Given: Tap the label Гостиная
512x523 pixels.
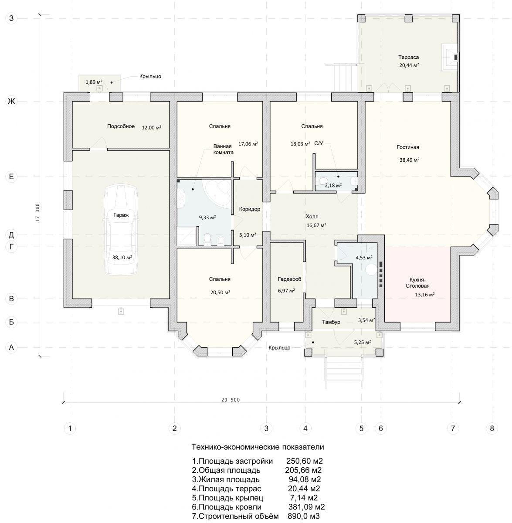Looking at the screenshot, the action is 407,147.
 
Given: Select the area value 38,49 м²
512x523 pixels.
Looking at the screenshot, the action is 409,160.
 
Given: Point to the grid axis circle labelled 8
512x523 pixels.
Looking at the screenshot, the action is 492,428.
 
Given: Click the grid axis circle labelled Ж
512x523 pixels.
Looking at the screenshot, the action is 11,101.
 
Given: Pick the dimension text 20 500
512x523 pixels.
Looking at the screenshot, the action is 231,400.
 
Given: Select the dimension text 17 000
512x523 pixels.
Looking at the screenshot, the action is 37,213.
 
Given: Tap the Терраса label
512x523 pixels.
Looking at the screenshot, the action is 408,57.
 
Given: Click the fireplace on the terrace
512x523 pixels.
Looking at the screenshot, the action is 450,57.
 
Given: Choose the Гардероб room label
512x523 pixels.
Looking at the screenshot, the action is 289,279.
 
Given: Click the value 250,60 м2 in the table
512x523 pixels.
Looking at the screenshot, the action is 304,461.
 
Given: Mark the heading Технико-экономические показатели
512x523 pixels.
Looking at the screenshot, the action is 258,447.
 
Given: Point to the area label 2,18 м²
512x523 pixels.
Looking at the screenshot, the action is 333,185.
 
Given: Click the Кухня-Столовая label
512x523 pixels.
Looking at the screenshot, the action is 417,282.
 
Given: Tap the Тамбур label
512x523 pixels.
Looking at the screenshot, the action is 331,322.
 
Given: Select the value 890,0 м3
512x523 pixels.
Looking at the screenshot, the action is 304,516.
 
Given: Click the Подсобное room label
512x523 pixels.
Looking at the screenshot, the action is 121,126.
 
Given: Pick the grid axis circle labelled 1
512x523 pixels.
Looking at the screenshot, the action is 70,428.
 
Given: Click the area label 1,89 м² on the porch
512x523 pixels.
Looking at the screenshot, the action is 94,82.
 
